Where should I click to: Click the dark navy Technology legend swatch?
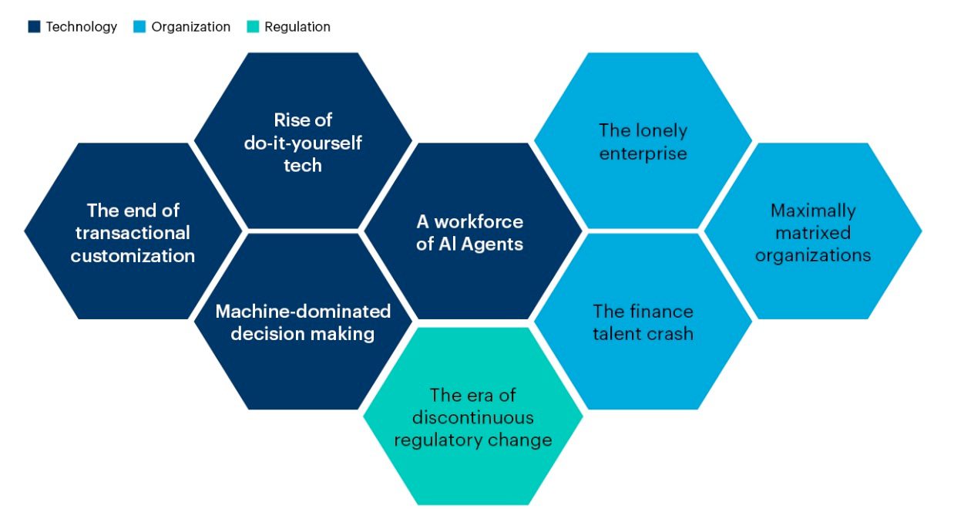34,26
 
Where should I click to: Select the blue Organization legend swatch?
139,26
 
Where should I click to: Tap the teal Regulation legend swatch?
253,26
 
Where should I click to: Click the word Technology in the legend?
82,27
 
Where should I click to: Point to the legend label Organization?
191,27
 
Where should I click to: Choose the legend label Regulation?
297,27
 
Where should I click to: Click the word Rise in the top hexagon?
289,120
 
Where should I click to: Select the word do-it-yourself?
303,143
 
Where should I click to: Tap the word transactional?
133,233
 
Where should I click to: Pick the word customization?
133,256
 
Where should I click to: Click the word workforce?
479,221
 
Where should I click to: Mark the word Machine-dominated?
303,312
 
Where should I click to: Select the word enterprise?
643,154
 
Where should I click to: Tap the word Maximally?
813,211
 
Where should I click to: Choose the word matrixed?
813,233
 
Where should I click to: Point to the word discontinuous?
472,417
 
